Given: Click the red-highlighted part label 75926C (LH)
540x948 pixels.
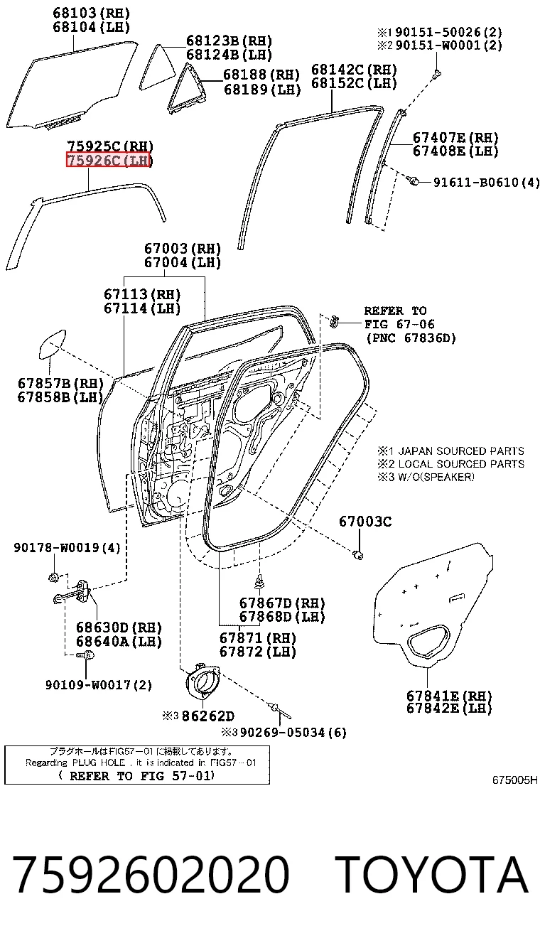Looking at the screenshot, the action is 108,160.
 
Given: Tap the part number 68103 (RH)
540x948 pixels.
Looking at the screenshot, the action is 91,13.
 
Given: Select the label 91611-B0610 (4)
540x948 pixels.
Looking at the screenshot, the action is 486,183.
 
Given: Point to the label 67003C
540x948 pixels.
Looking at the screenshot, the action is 365,522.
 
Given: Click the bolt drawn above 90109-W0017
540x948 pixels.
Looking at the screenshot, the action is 85,655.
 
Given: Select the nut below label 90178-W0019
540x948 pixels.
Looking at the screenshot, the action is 53,576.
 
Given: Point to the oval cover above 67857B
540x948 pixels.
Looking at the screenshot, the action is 52,344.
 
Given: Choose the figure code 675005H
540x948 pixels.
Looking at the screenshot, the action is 514,780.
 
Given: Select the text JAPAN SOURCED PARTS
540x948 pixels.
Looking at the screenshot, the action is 461,451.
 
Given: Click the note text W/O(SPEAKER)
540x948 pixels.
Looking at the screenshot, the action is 436,477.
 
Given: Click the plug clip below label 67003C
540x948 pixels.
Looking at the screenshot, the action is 358,555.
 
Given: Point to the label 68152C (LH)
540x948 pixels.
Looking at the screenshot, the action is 354,83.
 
